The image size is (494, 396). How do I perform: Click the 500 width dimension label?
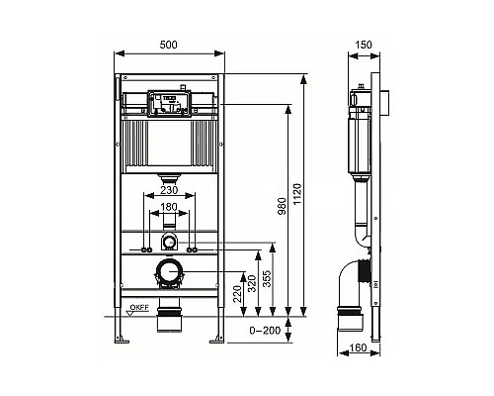168,45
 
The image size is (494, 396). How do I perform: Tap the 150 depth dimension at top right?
364,45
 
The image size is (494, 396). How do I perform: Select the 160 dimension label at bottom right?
358,347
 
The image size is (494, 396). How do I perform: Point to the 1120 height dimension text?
296,194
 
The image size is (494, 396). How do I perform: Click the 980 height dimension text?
282,207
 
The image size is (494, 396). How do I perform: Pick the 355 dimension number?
267,279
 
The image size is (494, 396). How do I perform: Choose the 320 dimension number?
252,284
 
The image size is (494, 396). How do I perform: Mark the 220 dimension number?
237,294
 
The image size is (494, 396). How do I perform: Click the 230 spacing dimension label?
169,190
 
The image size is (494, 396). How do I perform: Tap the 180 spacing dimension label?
169,207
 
